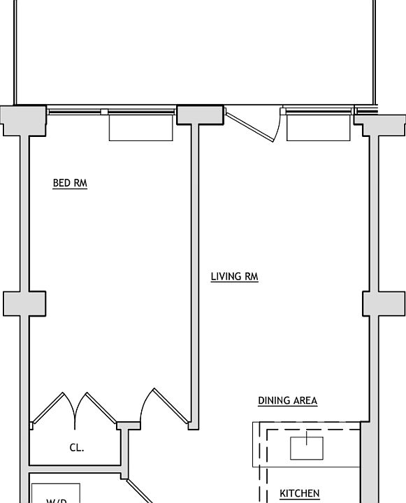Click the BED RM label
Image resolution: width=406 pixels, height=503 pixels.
coord(70,184)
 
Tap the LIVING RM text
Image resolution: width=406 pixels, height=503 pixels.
coord(234,277)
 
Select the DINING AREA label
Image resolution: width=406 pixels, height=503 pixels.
coord(287,401)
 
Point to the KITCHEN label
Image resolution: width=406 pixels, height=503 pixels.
coord(300,493)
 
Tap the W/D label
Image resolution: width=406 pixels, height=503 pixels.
coord(57,500)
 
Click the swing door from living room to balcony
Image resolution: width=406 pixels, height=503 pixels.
coord(252,125)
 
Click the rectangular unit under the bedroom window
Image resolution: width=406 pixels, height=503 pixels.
coord(140,128)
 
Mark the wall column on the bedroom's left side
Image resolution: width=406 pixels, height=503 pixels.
coord(24,304)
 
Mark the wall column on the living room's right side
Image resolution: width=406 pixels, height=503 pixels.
coord(384,304)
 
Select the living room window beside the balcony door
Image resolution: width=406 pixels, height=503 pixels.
coord(318,111)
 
